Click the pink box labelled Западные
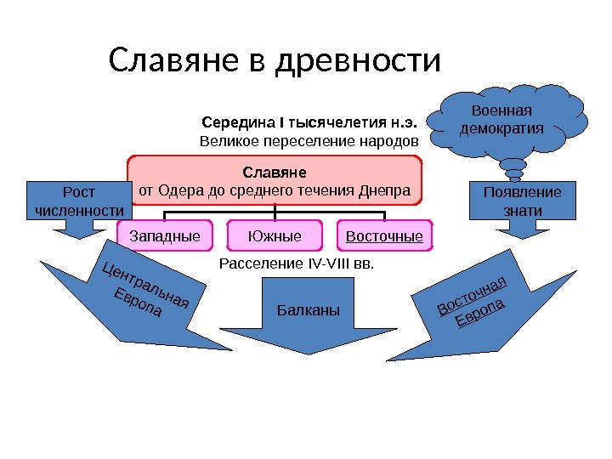click(x=165, y=235)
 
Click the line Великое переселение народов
click(x=309, y=139)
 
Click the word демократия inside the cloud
click(x=500, y=128)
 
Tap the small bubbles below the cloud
click(x=515, y=172)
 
